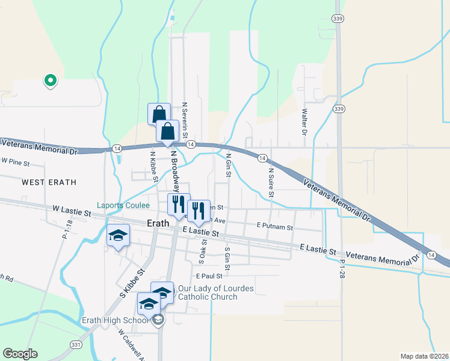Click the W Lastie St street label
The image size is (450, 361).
(72, 211)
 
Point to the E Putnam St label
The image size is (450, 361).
(274, 227)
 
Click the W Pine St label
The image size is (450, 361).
(15, 161)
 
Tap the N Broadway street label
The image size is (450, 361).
(176, 169)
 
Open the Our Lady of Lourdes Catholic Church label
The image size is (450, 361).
(208, 292)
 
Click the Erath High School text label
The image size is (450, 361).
(115, 320)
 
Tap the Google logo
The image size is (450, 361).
(20, 354)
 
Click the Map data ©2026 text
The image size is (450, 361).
(424, 356)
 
